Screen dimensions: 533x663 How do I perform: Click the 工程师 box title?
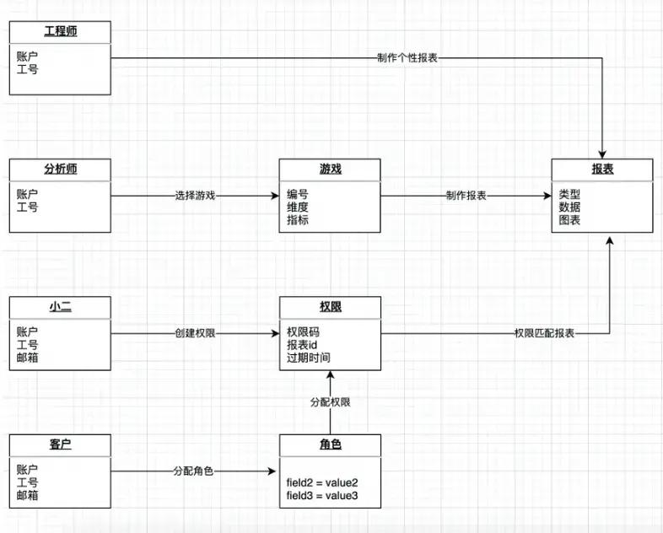point(60,32)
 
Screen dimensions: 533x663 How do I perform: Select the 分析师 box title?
point(60,169)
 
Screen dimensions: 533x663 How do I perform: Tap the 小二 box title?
point(60,307)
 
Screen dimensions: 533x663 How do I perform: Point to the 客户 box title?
point(60,444)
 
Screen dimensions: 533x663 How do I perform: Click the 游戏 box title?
point(330,169)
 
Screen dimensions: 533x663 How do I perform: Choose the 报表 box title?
point(602,169)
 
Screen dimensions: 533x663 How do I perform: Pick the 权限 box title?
point(330,307)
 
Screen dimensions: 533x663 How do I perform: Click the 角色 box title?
point(330,444)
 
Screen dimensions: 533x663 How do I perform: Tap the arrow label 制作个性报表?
point(407,58)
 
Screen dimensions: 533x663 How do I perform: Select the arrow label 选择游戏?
point(195,196)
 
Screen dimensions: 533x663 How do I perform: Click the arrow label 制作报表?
point(466,196)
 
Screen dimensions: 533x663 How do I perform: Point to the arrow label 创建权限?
point(195,333)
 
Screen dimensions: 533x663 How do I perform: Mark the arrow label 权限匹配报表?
point(544,333)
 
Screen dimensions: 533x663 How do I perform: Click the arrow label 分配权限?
point(330,402)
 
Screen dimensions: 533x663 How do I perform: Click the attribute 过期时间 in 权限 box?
point(309,358)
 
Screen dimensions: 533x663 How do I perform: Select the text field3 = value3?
point(322,496)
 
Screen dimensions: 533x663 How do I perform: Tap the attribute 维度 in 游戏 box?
point(298,207)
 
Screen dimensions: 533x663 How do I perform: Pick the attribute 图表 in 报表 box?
point(569,220)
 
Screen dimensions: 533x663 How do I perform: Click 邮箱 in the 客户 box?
point(28,496)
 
